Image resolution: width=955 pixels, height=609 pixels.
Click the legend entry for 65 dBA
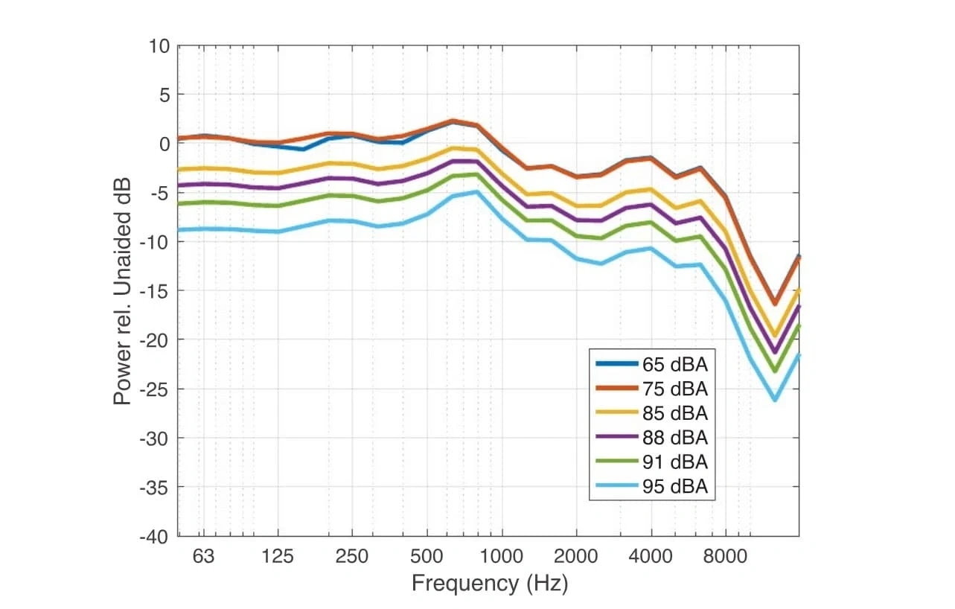pyautogui.click(x=674, y=365)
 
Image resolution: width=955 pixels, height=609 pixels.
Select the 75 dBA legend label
pyautogui.click(x=674, y=389)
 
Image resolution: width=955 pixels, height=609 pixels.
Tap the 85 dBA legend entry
pyautogui.click(x=674, y=413)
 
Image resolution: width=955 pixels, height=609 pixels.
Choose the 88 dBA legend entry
pyautogui.click(x=674, y=438)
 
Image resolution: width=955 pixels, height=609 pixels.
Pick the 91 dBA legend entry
pyautogui.click(x=674, y=462)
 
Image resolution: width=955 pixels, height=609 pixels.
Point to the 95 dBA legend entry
pyautogui.click(x=674, y=486)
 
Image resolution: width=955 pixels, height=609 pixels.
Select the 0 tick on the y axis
pyautogui.click(x=165, y=144)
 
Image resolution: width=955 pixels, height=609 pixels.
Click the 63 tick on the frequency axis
pyautogui.click(x=203, y=556)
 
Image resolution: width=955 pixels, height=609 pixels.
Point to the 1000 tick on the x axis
pyautogui.click(x=501, y=556)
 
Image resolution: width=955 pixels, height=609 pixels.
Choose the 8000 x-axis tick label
pyautogui.click(x=725, y=556)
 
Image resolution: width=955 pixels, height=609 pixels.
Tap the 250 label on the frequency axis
pyautogui.click(x=351, y=556)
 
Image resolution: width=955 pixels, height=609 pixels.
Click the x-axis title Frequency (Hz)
pyautogui.click(x=489, y=583)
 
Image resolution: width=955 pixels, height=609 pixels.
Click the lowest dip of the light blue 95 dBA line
pyautogui.click(x=774, y=400)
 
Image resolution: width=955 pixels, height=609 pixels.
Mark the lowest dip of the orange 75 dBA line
pyautogui.click(x=774, y=304)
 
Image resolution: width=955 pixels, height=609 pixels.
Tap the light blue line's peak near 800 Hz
pyautogui.click(x=476, y=192)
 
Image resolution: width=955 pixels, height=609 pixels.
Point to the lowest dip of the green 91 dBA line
pyautogui.click(x=774, y=371)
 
